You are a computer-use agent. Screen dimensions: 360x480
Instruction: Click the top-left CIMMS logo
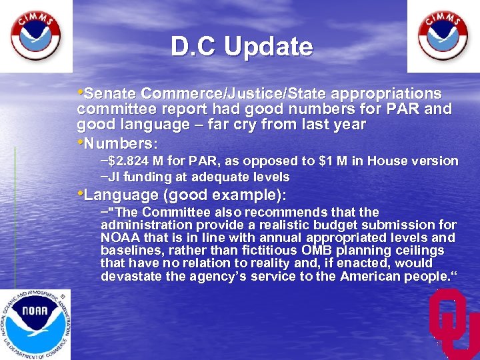click(x=36, y=36)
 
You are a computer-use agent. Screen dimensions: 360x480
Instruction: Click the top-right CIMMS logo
click(x=443, y=36)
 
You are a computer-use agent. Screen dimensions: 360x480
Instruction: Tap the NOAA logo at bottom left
click(x=34, y=323)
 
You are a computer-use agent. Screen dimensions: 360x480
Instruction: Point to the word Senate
click(x=111, y=93)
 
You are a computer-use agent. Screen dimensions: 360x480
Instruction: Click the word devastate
click(x=131, y=275)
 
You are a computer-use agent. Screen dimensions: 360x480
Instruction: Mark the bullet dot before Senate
click(x=81, y=91)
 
